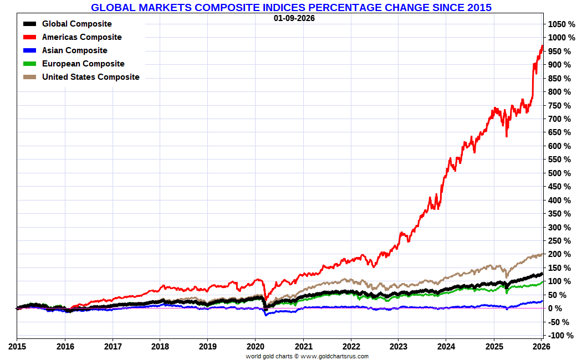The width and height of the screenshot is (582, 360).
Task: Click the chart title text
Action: [291, 7]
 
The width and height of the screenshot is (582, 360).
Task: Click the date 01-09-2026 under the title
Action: [294, 18]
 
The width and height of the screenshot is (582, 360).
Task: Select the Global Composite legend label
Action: [76, 24]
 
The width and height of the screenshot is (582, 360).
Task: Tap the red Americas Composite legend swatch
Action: [30, 37]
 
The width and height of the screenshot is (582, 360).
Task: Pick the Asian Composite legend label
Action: [74, 50]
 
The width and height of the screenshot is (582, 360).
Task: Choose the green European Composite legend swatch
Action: [30, 64]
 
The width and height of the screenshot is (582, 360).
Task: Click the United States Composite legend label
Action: [90, 77]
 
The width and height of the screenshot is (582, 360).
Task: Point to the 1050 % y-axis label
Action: [562, 24]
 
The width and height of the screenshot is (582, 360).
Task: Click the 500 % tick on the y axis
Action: [560, 173]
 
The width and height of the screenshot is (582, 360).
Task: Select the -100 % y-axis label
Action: [561, 336]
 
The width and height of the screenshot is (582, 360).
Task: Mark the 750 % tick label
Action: [560, 106]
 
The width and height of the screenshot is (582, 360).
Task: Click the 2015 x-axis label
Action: [17, 347]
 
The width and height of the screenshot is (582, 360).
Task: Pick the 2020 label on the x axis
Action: [255, 347]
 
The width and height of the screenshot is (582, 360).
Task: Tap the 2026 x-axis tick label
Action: [541, 347]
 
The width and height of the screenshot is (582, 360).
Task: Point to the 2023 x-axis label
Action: [398, 347]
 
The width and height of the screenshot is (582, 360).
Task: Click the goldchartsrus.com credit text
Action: [307, 356]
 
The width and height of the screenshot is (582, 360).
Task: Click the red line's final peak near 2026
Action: [542, 46]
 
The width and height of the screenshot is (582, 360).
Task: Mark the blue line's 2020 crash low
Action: [266, 315]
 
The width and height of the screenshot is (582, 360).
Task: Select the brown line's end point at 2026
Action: [542, 254]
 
